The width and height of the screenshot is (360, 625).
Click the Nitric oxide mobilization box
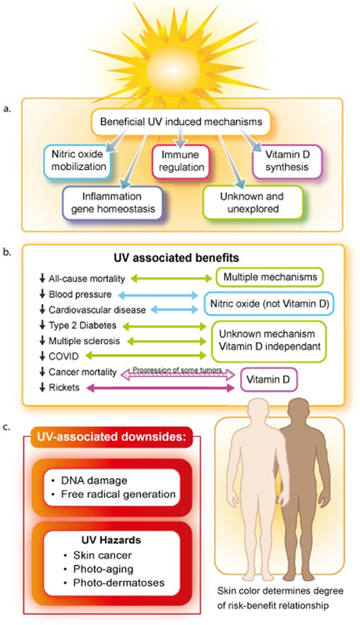pos(78,161)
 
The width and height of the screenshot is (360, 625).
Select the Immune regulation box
pos(181,161)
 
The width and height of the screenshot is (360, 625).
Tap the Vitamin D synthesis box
pos(287,161)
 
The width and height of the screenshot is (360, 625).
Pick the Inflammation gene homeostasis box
pos(113,202)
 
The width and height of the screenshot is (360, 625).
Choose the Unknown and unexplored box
pos(253,202)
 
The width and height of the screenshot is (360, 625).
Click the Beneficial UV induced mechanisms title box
pos(181,121)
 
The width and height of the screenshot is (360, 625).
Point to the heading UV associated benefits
pos(176,257)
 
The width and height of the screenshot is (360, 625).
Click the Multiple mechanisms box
pos(270,277)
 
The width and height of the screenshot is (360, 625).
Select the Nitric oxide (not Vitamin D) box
pos(270,304)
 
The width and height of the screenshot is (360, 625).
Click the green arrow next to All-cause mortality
pos(172,278)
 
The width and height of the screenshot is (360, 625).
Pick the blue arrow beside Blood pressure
pos(158,295)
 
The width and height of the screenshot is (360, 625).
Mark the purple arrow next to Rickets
pos(161,387)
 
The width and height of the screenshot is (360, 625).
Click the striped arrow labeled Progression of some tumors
pos(177,375)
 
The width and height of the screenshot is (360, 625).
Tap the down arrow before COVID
pos(42,356)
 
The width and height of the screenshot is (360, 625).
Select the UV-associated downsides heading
pos(112,437)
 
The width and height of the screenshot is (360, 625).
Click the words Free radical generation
pos(118,494)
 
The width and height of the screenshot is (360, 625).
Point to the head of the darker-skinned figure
pos(299,412)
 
